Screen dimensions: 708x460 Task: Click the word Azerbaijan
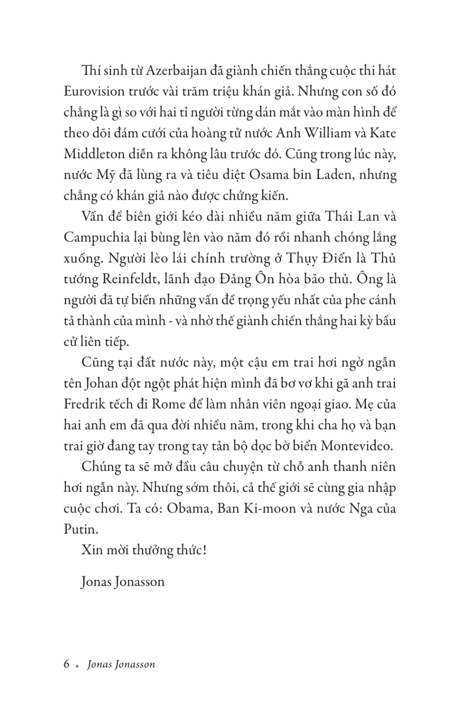coord(176,71)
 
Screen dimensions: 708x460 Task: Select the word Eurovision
coord(94,92)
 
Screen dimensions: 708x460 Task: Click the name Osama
coord(269,175)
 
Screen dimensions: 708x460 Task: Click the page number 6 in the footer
coord(67,664)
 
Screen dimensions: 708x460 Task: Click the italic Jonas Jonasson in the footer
coord(121,665)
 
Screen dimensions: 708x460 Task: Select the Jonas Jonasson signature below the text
coord(123,582)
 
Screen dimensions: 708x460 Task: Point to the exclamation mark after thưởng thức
coord(204,550)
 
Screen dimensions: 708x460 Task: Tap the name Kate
coord(383,133)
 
